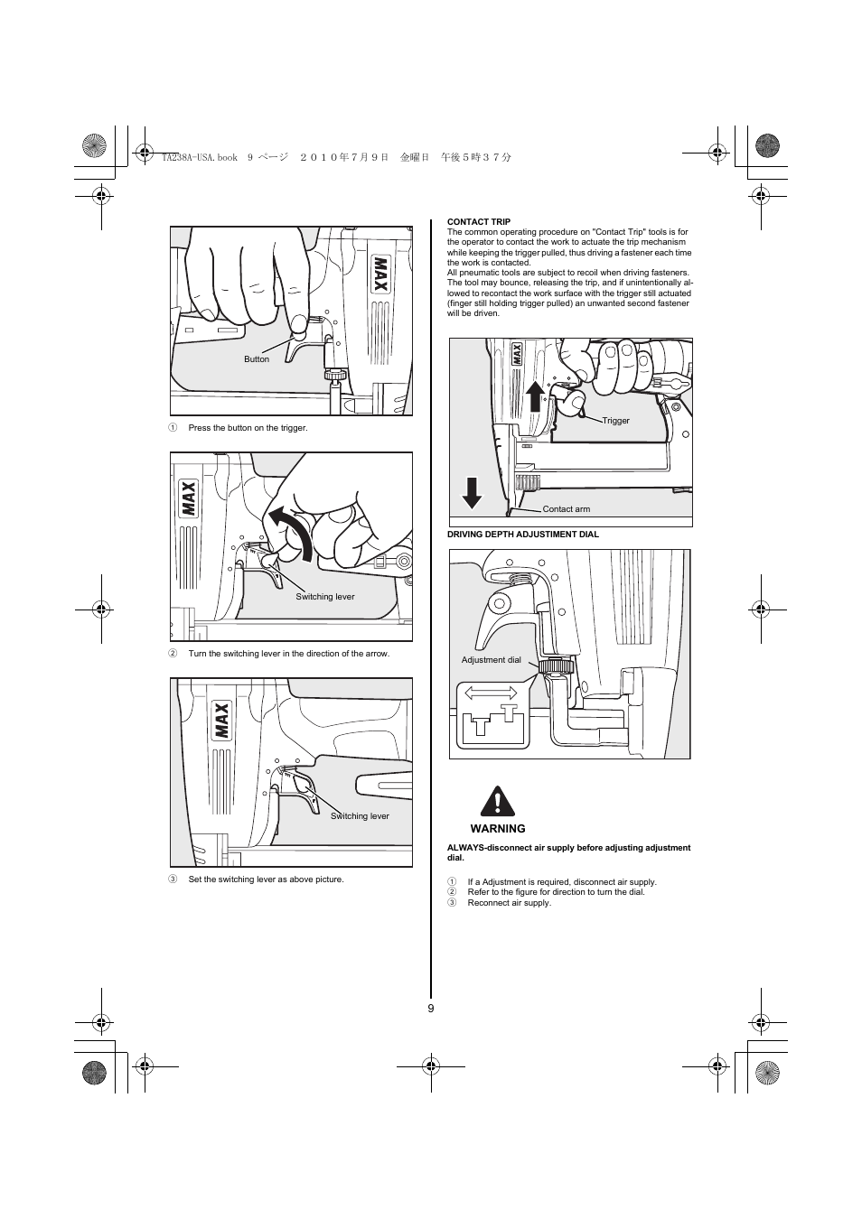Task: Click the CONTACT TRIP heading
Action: click(479, 221)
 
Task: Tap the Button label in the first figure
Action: click(257, 359)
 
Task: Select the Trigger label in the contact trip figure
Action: click(616, 421)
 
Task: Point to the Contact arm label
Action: click(567, 509)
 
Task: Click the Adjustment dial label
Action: click(491, 660)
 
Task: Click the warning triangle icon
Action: click(496, 801)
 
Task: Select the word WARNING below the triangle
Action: click(498, 829)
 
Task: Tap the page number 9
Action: click(431, 1009)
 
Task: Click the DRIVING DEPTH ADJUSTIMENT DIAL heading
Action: click(523, 535)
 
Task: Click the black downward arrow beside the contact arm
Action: click(472, 492)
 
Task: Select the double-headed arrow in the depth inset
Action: click(490, 694)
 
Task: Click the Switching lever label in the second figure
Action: click(325, 597)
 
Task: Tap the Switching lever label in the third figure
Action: click(360, 816)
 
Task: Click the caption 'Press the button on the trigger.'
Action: click(248, 428)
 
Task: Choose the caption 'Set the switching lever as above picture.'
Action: click(266, 879)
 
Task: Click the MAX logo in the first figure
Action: click(379, 275)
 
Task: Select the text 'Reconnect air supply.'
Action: click(509, 903)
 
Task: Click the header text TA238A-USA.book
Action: click(199, 157)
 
